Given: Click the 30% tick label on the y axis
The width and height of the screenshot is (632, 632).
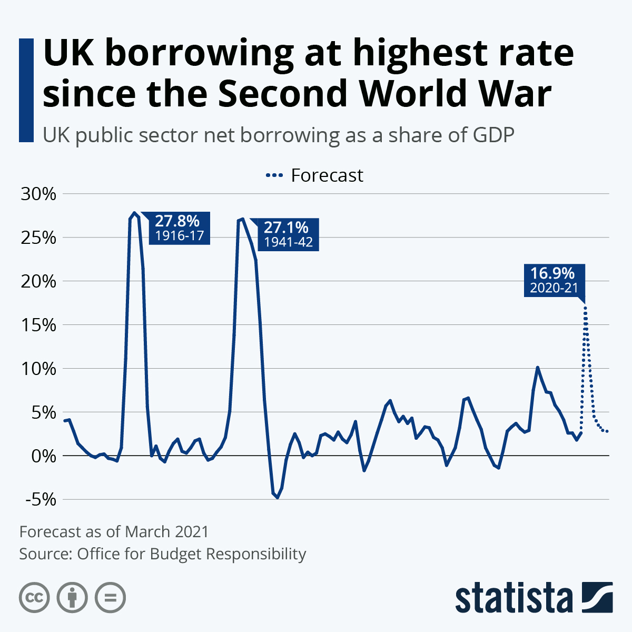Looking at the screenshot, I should (x=37, y=194).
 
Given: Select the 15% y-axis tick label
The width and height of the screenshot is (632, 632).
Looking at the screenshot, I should (x=37, y=325).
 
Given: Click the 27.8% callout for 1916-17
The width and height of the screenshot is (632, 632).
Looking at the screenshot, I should (x=180, y=228).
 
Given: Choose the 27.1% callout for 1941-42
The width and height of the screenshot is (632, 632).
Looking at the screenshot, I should (x=288, y=235).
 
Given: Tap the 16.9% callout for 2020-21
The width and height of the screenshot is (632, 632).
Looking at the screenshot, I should (x=554, y=281).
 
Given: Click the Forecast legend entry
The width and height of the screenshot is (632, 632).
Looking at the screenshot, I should (x=315, y=175).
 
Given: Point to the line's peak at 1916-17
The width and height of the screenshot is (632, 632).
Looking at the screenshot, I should (x=135, y=213).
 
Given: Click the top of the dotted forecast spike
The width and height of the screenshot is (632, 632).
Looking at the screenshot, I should (x=585, y=308).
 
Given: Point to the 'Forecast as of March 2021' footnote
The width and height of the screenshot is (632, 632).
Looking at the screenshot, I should (x=114, y=531).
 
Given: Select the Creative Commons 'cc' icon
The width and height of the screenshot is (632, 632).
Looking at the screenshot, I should (x=34, y=598).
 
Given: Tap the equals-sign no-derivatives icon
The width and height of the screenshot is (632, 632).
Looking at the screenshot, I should (x=110, y=598).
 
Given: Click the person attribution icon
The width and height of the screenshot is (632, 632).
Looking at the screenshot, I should (x=72, y=598).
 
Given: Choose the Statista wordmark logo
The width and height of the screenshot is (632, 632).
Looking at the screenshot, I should (x=513, y=598).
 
